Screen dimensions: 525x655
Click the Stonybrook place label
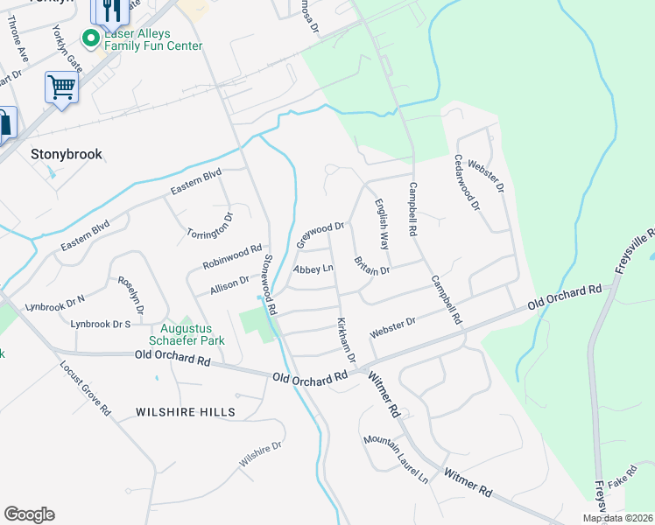point(67,154)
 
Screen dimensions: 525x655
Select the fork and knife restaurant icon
point(109,10)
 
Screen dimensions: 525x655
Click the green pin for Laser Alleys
point(88,38)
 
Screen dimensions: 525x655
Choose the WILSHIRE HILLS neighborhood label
point(186,411)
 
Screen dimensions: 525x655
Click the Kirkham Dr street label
point(346,340)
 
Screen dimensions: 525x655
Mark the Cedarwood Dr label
point(466,182)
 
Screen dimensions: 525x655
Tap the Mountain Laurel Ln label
point(396,458)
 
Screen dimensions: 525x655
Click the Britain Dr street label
point(371,265)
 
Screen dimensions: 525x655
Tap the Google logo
point(29,514)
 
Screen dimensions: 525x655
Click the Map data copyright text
point(618,518)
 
